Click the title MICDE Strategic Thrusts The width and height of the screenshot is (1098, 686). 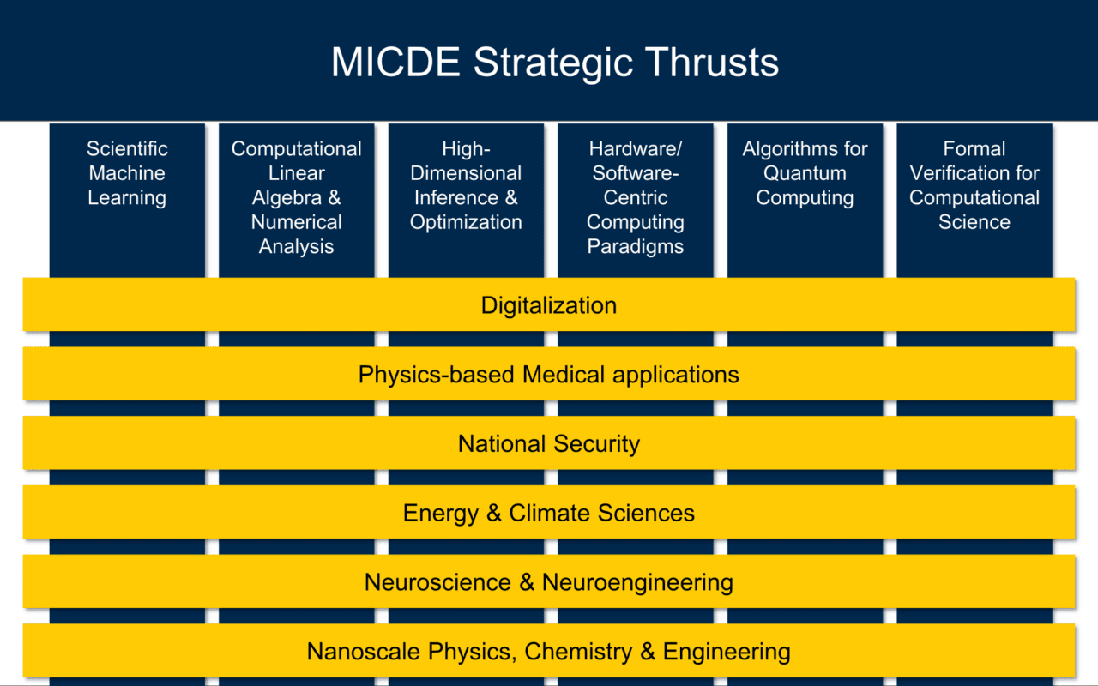point(555,63)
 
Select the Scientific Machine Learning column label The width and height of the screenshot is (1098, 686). point(127,173)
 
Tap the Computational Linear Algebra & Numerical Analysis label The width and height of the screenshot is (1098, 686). point(296,197)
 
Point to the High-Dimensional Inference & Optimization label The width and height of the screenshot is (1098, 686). point(466,185)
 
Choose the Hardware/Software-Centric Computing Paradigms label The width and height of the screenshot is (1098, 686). point(636,197)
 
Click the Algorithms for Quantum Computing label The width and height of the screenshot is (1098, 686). point(805,173)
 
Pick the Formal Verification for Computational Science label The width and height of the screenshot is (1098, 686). point(974,185)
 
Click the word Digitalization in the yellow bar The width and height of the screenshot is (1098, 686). point(549,305)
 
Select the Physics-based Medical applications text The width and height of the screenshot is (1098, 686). point(549,375)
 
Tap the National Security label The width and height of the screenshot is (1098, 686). point(549,444)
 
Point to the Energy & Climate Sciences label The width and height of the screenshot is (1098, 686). point(549,514)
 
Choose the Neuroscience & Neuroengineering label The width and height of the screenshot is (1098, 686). point(549,583)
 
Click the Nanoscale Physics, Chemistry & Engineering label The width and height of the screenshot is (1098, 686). point(549,652)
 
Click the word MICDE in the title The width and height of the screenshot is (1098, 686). point(396,63)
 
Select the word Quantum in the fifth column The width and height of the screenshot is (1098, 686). point(805,173)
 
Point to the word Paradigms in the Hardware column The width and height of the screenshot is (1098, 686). point(636,247)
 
